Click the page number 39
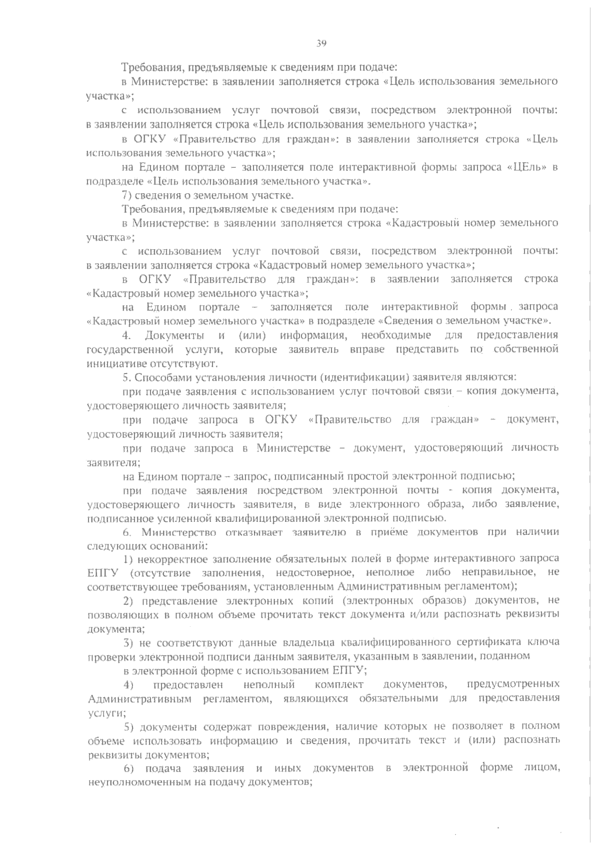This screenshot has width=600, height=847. [x=321, y=43]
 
